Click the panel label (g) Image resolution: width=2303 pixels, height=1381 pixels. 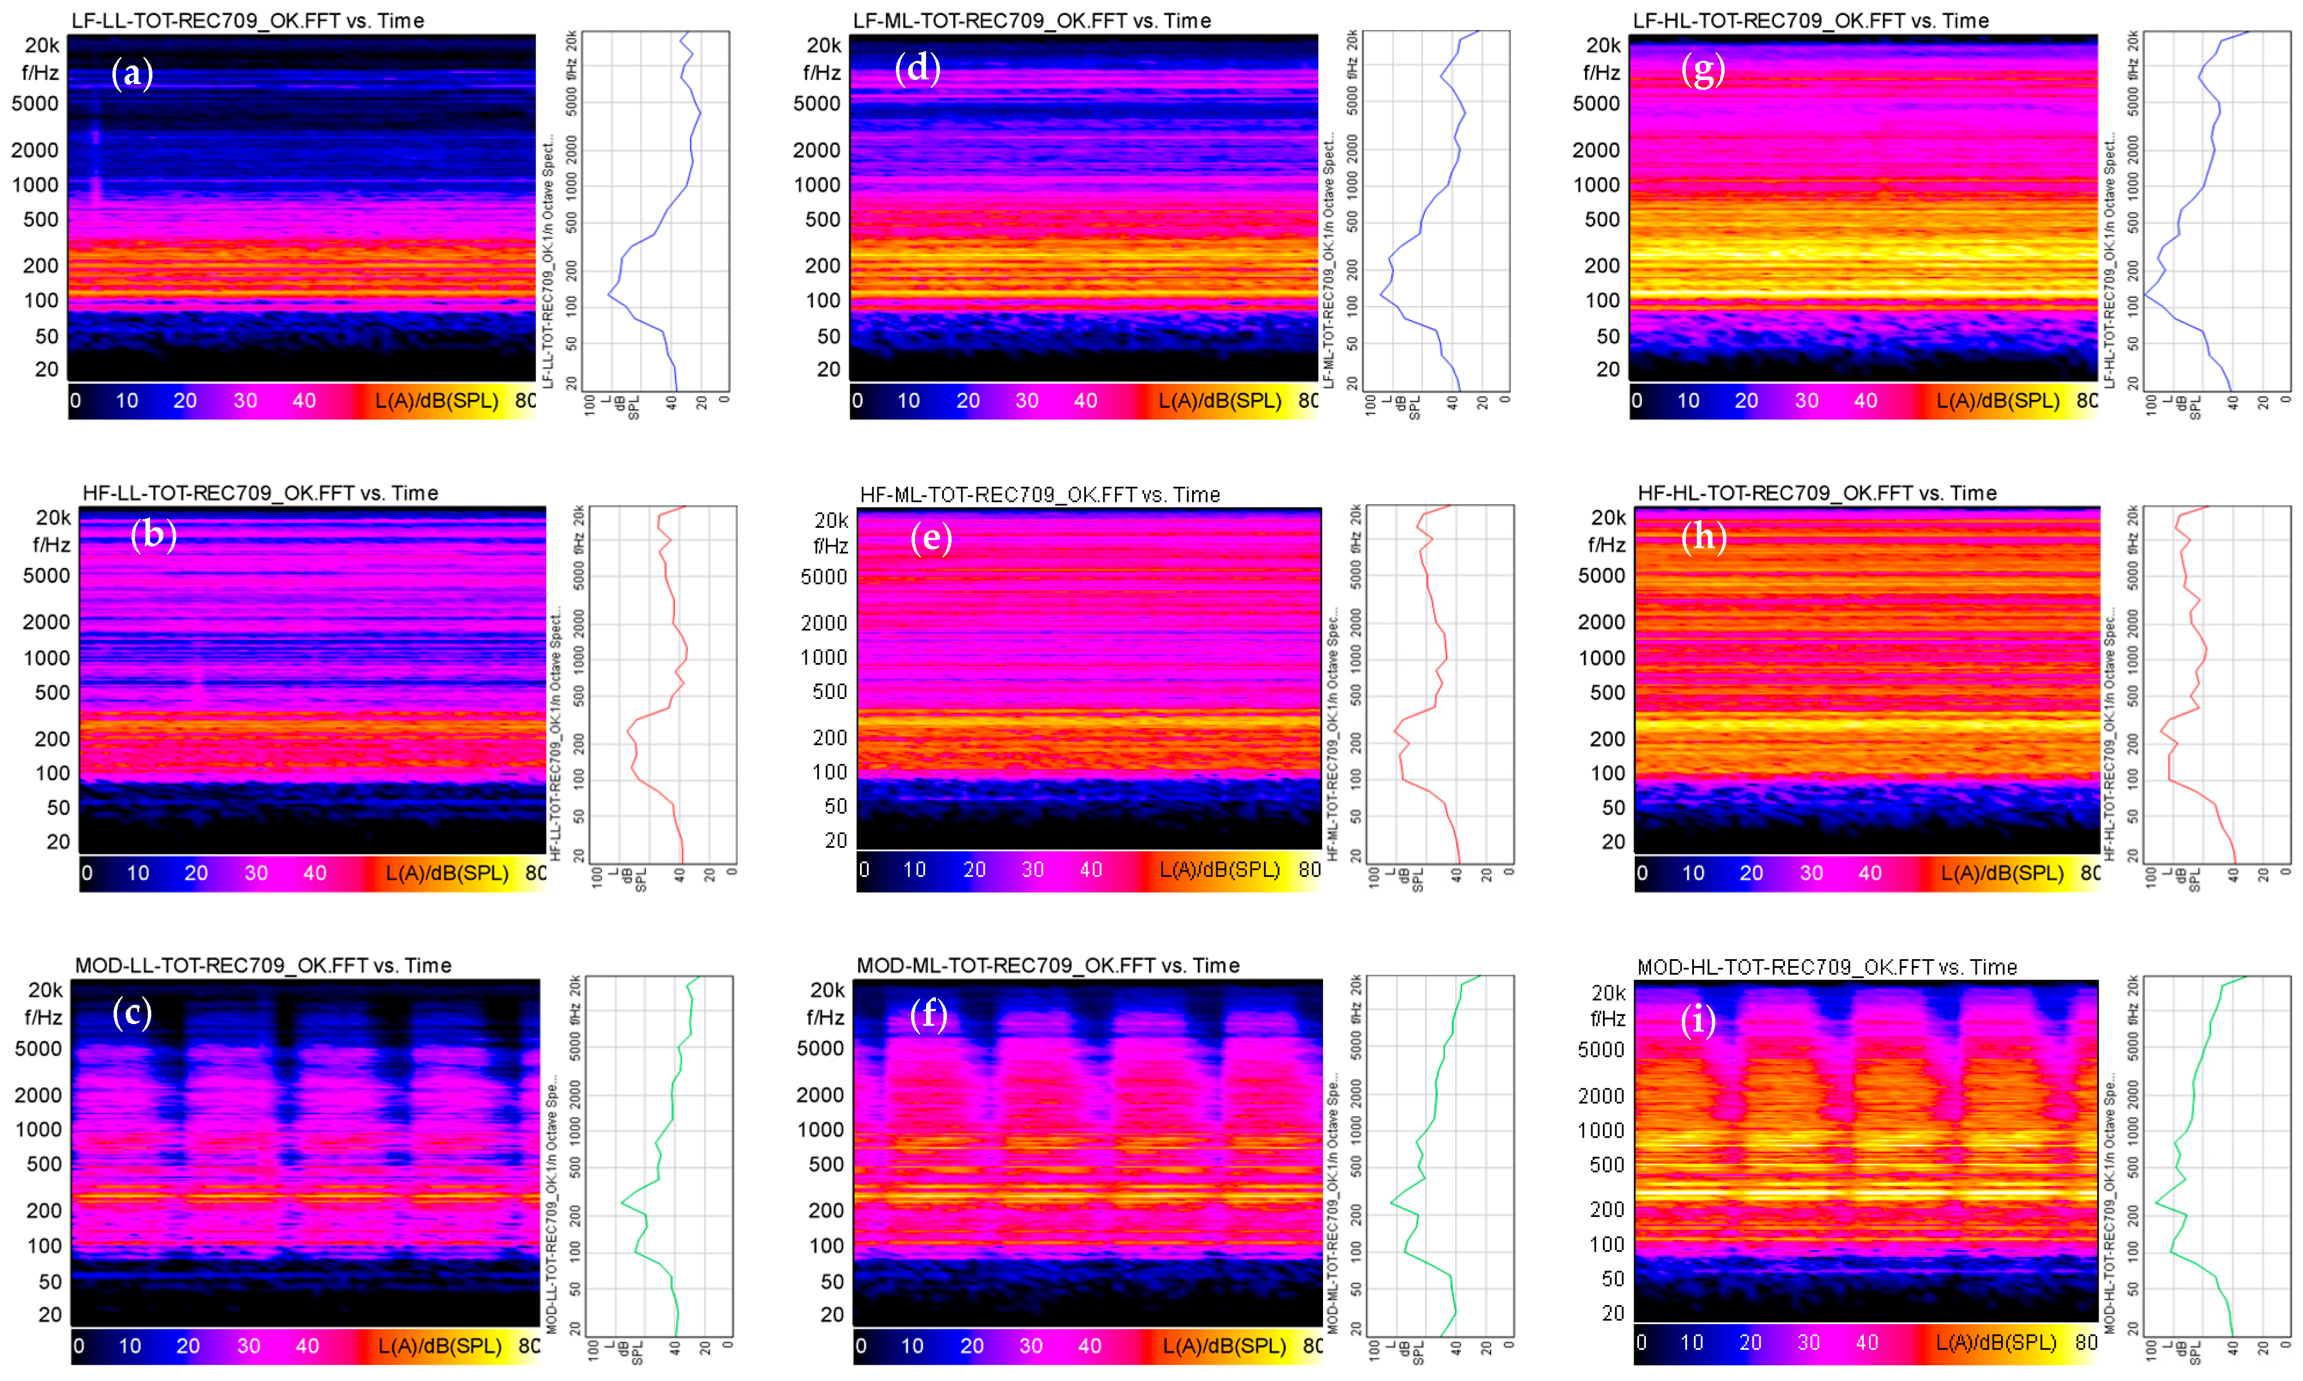1703,69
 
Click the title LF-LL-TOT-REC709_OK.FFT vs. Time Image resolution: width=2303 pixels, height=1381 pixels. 247,20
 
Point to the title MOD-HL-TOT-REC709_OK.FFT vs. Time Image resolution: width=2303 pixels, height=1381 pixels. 1827,967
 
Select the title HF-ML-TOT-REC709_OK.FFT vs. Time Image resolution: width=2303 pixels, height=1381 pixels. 1040,494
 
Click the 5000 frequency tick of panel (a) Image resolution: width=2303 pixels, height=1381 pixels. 35,103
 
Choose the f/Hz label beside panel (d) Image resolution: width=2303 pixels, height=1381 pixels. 822,72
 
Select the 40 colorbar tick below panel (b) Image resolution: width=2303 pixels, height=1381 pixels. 315,873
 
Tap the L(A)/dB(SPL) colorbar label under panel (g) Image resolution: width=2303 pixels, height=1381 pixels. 1998,400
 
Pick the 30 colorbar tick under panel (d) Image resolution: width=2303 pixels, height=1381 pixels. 1026,400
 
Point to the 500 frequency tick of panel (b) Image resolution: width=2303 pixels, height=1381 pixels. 52,693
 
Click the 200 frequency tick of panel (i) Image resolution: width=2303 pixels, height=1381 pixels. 1607,1209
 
